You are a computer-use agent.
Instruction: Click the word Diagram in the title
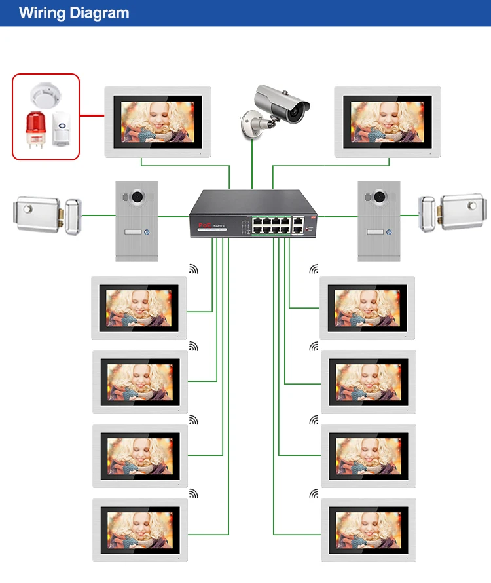100,13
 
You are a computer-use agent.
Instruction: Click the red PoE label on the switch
203,225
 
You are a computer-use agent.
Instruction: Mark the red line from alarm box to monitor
92,115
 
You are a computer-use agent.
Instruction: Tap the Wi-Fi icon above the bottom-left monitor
193,493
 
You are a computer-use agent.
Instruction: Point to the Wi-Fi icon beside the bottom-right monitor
315,493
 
